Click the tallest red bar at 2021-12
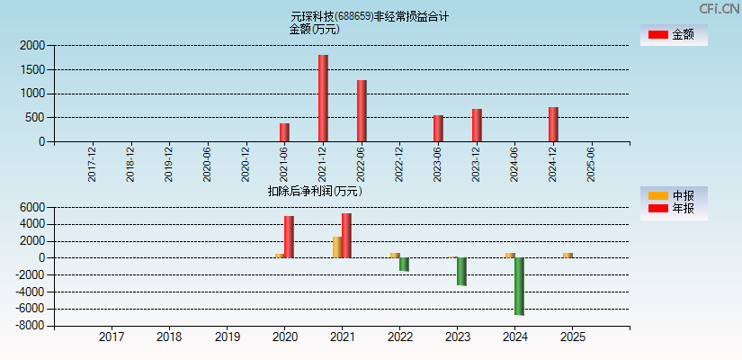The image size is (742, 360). (323, 98)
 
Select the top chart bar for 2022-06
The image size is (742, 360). (362, 111)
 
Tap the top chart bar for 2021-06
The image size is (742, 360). (284, 132)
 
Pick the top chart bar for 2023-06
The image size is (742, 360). (438, 128)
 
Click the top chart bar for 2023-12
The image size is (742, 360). (477, 125)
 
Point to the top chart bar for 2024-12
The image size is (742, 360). (553, 124)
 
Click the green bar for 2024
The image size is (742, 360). (519, 286)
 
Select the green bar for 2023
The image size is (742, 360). (461, 271)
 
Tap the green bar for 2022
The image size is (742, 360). (404, 265)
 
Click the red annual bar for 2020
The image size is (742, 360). (289, 237)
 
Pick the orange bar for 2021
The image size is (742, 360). (336, 247)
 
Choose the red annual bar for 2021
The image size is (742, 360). (346, 235)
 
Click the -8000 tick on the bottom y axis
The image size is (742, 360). (30, 326)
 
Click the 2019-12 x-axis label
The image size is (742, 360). (169, 165)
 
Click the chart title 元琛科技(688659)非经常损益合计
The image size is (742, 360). (370, 16)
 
